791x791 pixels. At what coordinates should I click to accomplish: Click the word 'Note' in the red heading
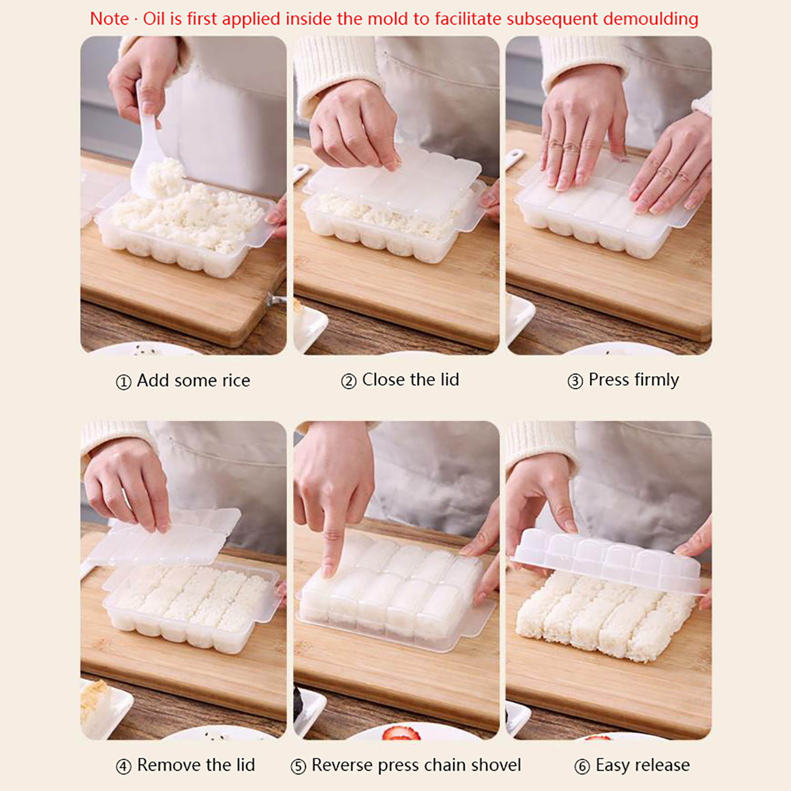tap(109, 19)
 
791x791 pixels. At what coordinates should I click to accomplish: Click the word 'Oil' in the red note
tap(154, 19)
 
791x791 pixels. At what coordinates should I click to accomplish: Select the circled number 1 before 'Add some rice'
tap(123, 382)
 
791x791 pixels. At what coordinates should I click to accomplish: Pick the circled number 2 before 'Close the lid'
tap(349, 381)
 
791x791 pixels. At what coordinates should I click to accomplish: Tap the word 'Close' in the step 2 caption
tap(384, 380)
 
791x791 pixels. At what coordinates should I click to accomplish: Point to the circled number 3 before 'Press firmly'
tap(575, 381)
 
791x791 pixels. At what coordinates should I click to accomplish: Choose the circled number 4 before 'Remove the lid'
tap(123, 767)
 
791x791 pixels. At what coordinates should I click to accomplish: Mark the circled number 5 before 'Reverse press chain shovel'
tap(298, 767)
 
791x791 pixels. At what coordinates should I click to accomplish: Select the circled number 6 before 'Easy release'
tap(582, 767)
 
